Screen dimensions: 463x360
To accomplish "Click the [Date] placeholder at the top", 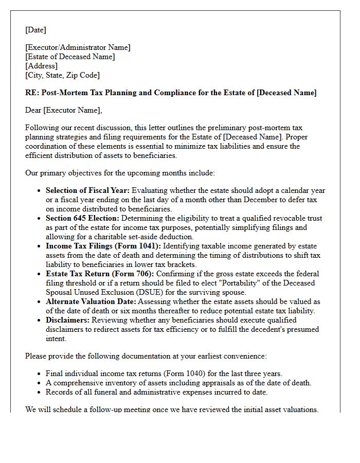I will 35,30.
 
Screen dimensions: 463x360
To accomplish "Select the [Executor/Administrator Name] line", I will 78,47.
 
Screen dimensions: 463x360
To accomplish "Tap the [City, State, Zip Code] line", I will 62,75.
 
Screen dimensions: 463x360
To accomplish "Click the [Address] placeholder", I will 41,66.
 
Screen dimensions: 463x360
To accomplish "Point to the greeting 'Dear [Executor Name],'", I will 64,110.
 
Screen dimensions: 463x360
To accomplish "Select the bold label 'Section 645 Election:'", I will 82,218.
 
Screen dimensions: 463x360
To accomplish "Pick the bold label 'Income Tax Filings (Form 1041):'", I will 103,246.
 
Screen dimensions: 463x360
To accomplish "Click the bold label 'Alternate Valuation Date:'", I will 91,301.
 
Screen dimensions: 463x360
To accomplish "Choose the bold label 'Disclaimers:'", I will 67,320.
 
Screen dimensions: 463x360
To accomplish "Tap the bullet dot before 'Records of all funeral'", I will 40,393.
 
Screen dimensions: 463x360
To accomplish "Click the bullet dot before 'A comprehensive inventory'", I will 40,383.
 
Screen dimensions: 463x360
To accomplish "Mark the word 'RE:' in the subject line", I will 32,93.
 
